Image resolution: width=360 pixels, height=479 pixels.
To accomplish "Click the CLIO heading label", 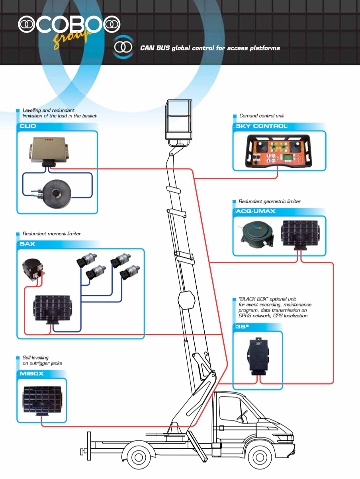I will (x=27, y=127).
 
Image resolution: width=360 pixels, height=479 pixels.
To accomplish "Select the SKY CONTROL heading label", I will (x=259, y=127).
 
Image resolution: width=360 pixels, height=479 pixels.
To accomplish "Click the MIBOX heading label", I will (x=30, y=374).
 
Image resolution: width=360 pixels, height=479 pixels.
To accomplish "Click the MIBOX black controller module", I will (x=42, y=399).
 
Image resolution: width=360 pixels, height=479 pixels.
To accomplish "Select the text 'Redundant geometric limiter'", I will (x=270, y=202).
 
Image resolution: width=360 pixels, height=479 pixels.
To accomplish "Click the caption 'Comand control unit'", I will (x=262, y=116).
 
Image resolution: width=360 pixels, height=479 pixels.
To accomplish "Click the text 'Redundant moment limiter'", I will (x=52, y=234).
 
